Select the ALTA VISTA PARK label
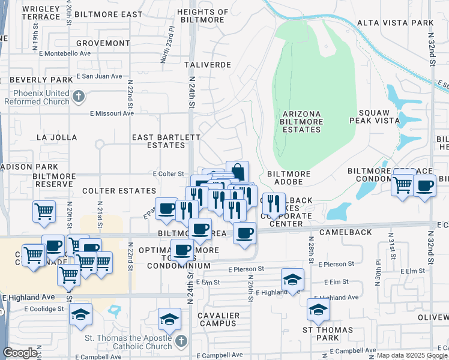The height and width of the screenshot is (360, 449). click(395, 23)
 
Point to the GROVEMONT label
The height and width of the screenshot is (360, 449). click(99, 44)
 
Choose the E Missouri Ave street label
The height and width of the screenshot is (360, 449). click(112, 113)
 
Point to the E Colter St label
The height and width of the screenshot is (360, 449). click(168, 173)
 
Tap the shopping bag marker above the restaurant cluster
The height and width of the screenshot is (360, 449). click(237, 171)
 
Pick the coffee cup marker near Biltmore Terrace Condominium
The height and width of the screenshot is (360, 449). click(424, 187)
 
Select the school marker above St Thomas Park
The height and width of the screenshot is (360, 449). click(318, 309)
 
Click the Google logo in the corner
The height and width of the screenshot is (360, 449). click(20, 353)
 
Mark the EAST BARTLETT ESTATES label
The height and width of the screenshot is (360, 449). click(166, 141)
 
